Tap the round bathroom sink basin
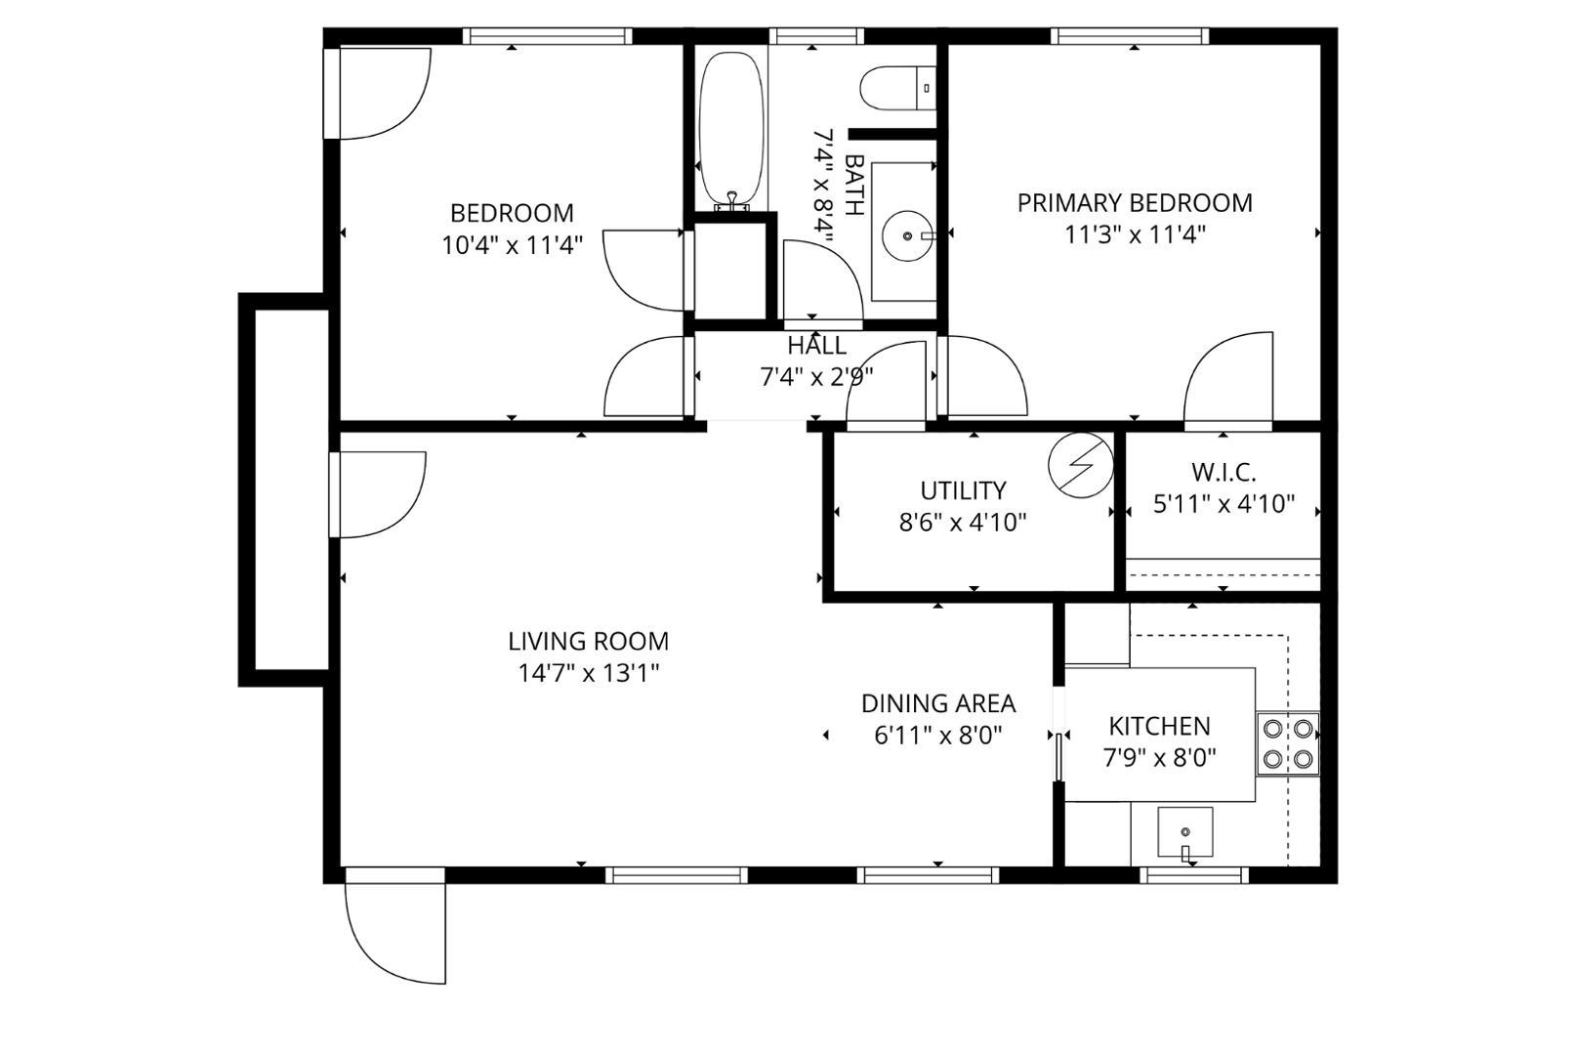(907, 235)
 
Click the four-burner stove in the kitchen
(1287, 743)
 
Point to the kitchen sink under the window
(1185, 832)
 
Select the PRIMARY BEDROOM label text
(1135, 203)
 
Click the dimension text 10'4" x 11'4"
(513, 244)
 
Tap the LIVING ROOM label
(588, 642)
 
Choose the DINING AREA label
(937, 703)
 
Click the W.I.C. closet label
(1223, 473)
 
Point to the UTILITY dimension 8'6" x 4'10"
(963, 523)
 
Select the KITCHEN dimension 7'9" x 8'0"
(1159, 758)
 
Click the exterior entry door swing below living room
(395, 933)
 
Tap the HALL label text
(816, 346)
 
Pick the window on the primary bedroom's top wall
(1130, 37)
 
